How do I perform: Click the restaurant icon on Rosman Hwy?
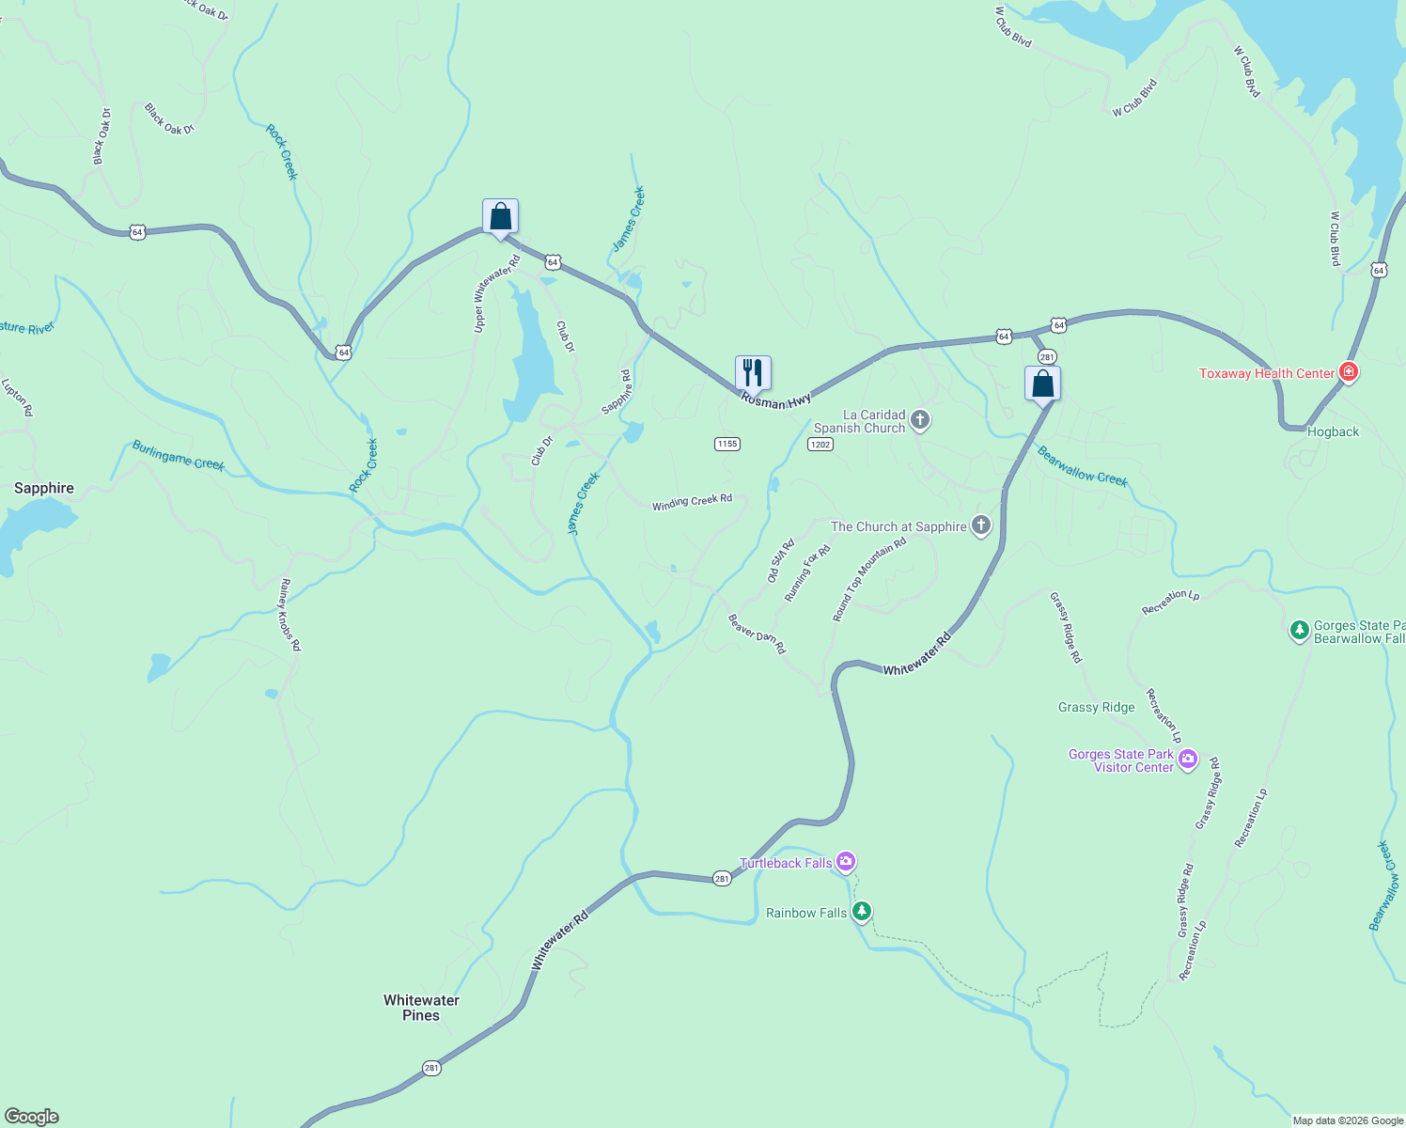click(753, 372)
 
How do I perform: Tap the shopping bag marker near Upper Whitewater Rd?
click(500, 216)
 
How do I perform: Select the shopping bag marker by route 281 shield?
click(1042, 384)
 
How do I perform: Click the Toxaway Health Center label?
click(1266, 373)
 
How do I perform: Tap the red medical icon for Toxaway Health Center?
click(1349, 372)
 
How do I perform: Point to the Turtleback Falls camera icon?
click(846, 861)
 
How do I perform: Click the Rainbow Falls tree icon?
click(861, 912)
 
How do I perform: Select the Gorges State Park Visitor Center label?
click(1121, 760)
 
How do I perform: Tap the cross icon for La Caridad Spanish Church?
click(920, 420)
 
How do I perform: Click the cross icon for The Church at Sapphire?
click(980, 525)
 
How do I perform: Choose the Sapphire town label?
click(44, 488)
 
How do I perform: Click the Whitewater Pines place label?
click(421, 1008)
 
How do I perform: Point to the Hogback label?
click(1333, 431)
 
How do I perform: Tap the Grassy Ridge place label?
click(1096, 707)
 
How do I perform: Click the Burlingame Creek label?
click(178, 455)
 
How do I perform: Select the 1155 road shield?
click(726, 444)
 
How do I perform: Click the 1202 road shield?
click(820, 444)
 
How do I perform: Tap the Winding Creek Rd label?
click(692, 502)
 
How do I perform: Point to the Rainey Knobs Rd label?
click(289, 615)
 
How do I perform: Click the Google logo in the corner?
click(32, 1116)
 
